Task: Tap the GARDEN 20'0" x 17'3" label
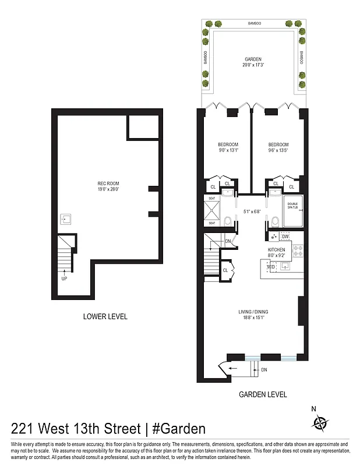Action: pos(253,62)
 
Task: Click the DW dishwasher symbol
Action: pos(285,236)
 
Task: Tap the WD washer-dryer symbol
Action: pos(271,267)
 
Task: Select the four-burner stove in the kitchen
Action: pos(298,251)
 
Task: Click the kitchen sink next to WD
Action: pos(286,267)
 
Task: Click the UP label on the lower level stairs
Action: pos(63,278)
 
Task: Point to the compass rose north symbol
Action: pos(320,422)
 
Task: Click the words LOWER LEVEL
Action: pos(105,317)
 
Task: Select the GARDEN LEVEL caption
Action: pos(263,394)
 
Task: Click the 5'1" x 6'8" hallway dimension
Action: pos(251,212)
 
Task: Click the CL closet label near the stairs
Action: pos(225,270)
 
